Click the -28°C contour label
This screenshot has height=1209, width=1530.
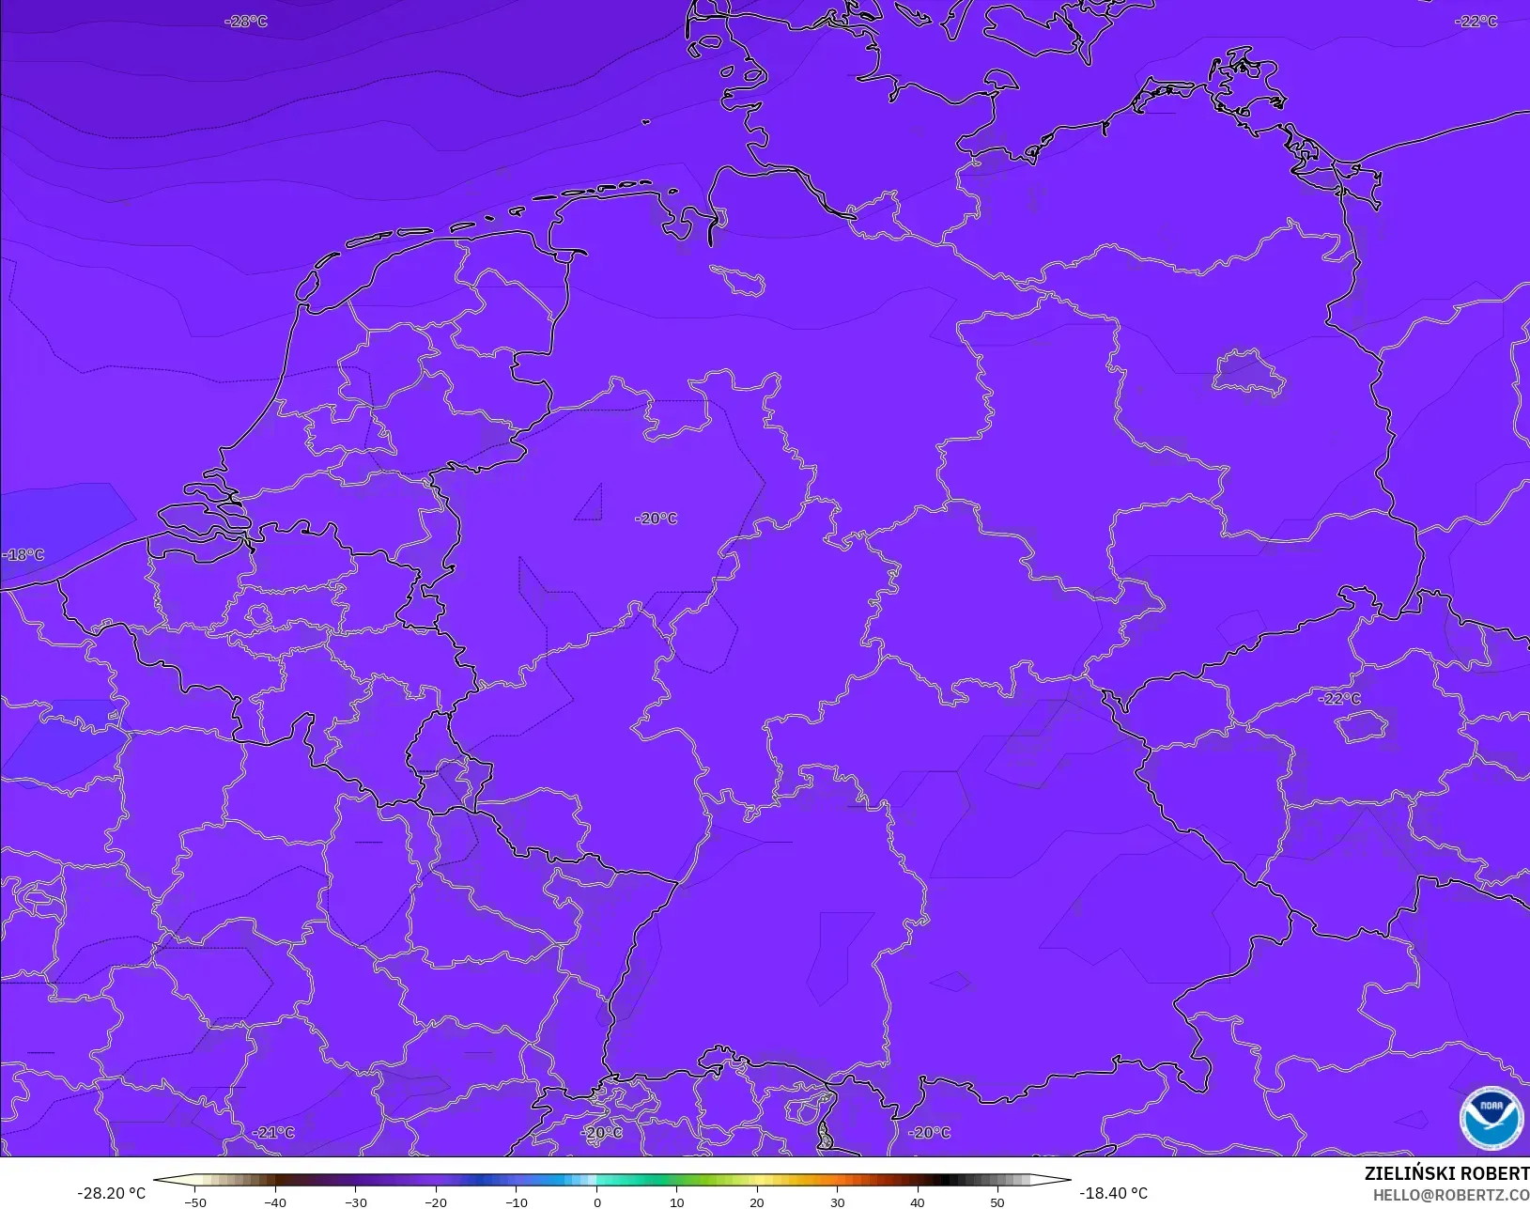[246, 22]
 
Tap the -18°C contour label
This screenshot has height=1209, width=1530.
[23, 555]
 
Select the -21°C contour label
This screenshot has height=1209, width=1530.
[273, 1133]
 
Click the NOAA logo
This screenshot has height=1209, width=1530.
[1491, 1119]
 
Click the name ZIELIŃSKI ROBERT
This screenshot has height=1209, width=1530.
[1446, 1174]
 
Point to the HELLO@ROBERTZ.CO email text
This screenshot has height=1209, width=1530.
[1451, 1195]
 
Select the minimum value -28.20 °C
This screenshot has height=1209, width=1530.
[111, 1193]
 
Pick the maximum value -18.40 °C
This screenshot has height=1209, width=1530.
[1113, 1193]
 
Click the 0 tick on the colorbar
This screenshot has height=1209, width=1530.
[596, 1202]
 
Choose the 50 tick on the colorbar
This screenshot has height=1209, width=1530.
[997, 1202]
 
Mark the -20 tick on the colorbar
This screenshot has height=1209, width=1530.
[436, 1202]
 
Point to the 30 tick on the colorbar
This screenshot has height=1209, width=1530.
[837, 1202]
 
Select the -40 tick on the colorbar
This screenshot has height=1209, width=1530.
[275, 1202]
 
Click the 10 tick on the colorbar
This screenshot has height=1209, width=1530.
[676, 1202]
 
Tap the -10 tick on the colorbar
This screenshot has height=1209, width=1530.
[516, 1202]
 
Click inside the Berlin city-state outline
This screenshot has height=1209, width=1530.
[1247, 372]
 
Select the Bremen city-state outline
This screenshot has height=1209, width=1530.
[738, 278]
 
